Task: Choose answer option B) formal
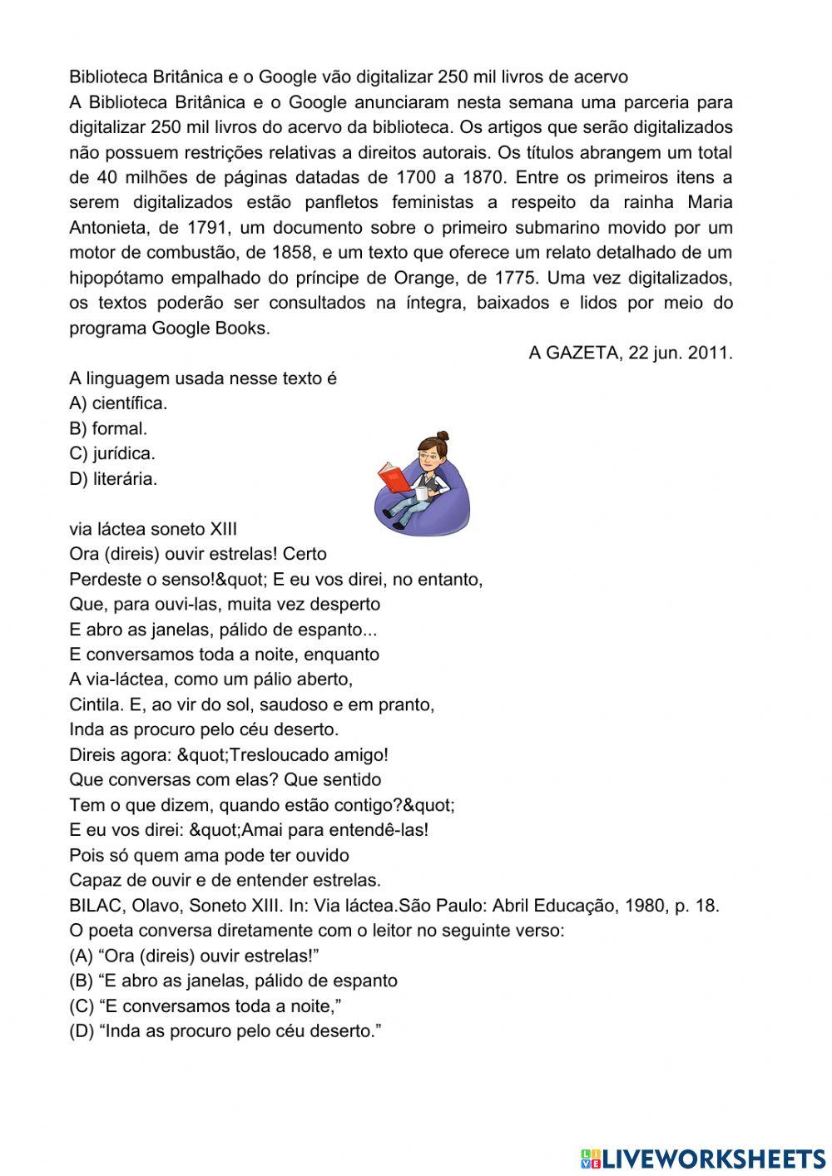pos(108,429)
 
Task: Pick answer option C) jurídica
pos(112,454)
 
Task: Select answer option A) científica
pos(118,404)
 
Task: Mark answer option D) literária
pos(113,479)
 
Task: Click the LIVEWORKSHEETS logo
pos(702,1159)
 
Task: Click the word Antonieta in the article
pos(106,228)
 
